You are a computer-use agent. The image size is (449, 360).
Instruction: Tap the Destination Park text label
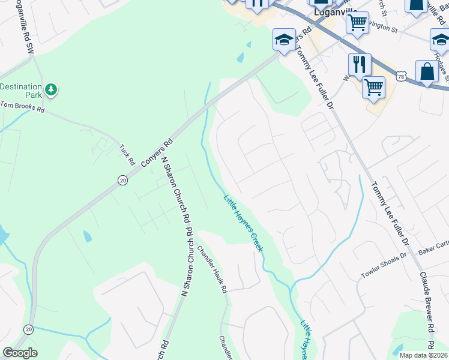[x=21, y=91]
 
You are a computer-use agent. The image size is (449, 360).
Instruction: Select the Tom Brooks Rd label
[x=23, y=107]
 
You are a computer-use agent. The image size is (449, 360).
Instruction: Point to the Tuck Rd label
[x=126, y=154]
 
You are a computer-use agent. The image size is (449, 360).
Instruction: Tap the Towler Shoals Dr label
[x=383, y=266]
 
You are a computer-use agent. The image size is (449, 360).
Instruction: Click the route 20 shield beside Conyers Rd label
[x=122, y=180]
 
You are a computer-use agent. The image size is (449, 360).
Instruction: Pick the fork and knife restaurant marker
[x=360, y=64]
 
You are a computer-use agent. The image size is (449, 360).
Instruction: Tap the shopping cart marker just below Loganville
[x=357, y=23]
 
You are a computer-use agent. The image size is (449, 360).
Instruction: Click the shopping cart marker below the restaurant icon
[x=373, y=87]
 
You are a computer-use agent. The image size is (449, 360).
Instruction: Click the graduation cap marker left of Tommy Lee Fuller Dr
[x=284, y=40]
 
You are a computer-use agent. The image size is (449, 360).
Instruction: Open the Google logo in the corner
[x=20, y=353]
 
